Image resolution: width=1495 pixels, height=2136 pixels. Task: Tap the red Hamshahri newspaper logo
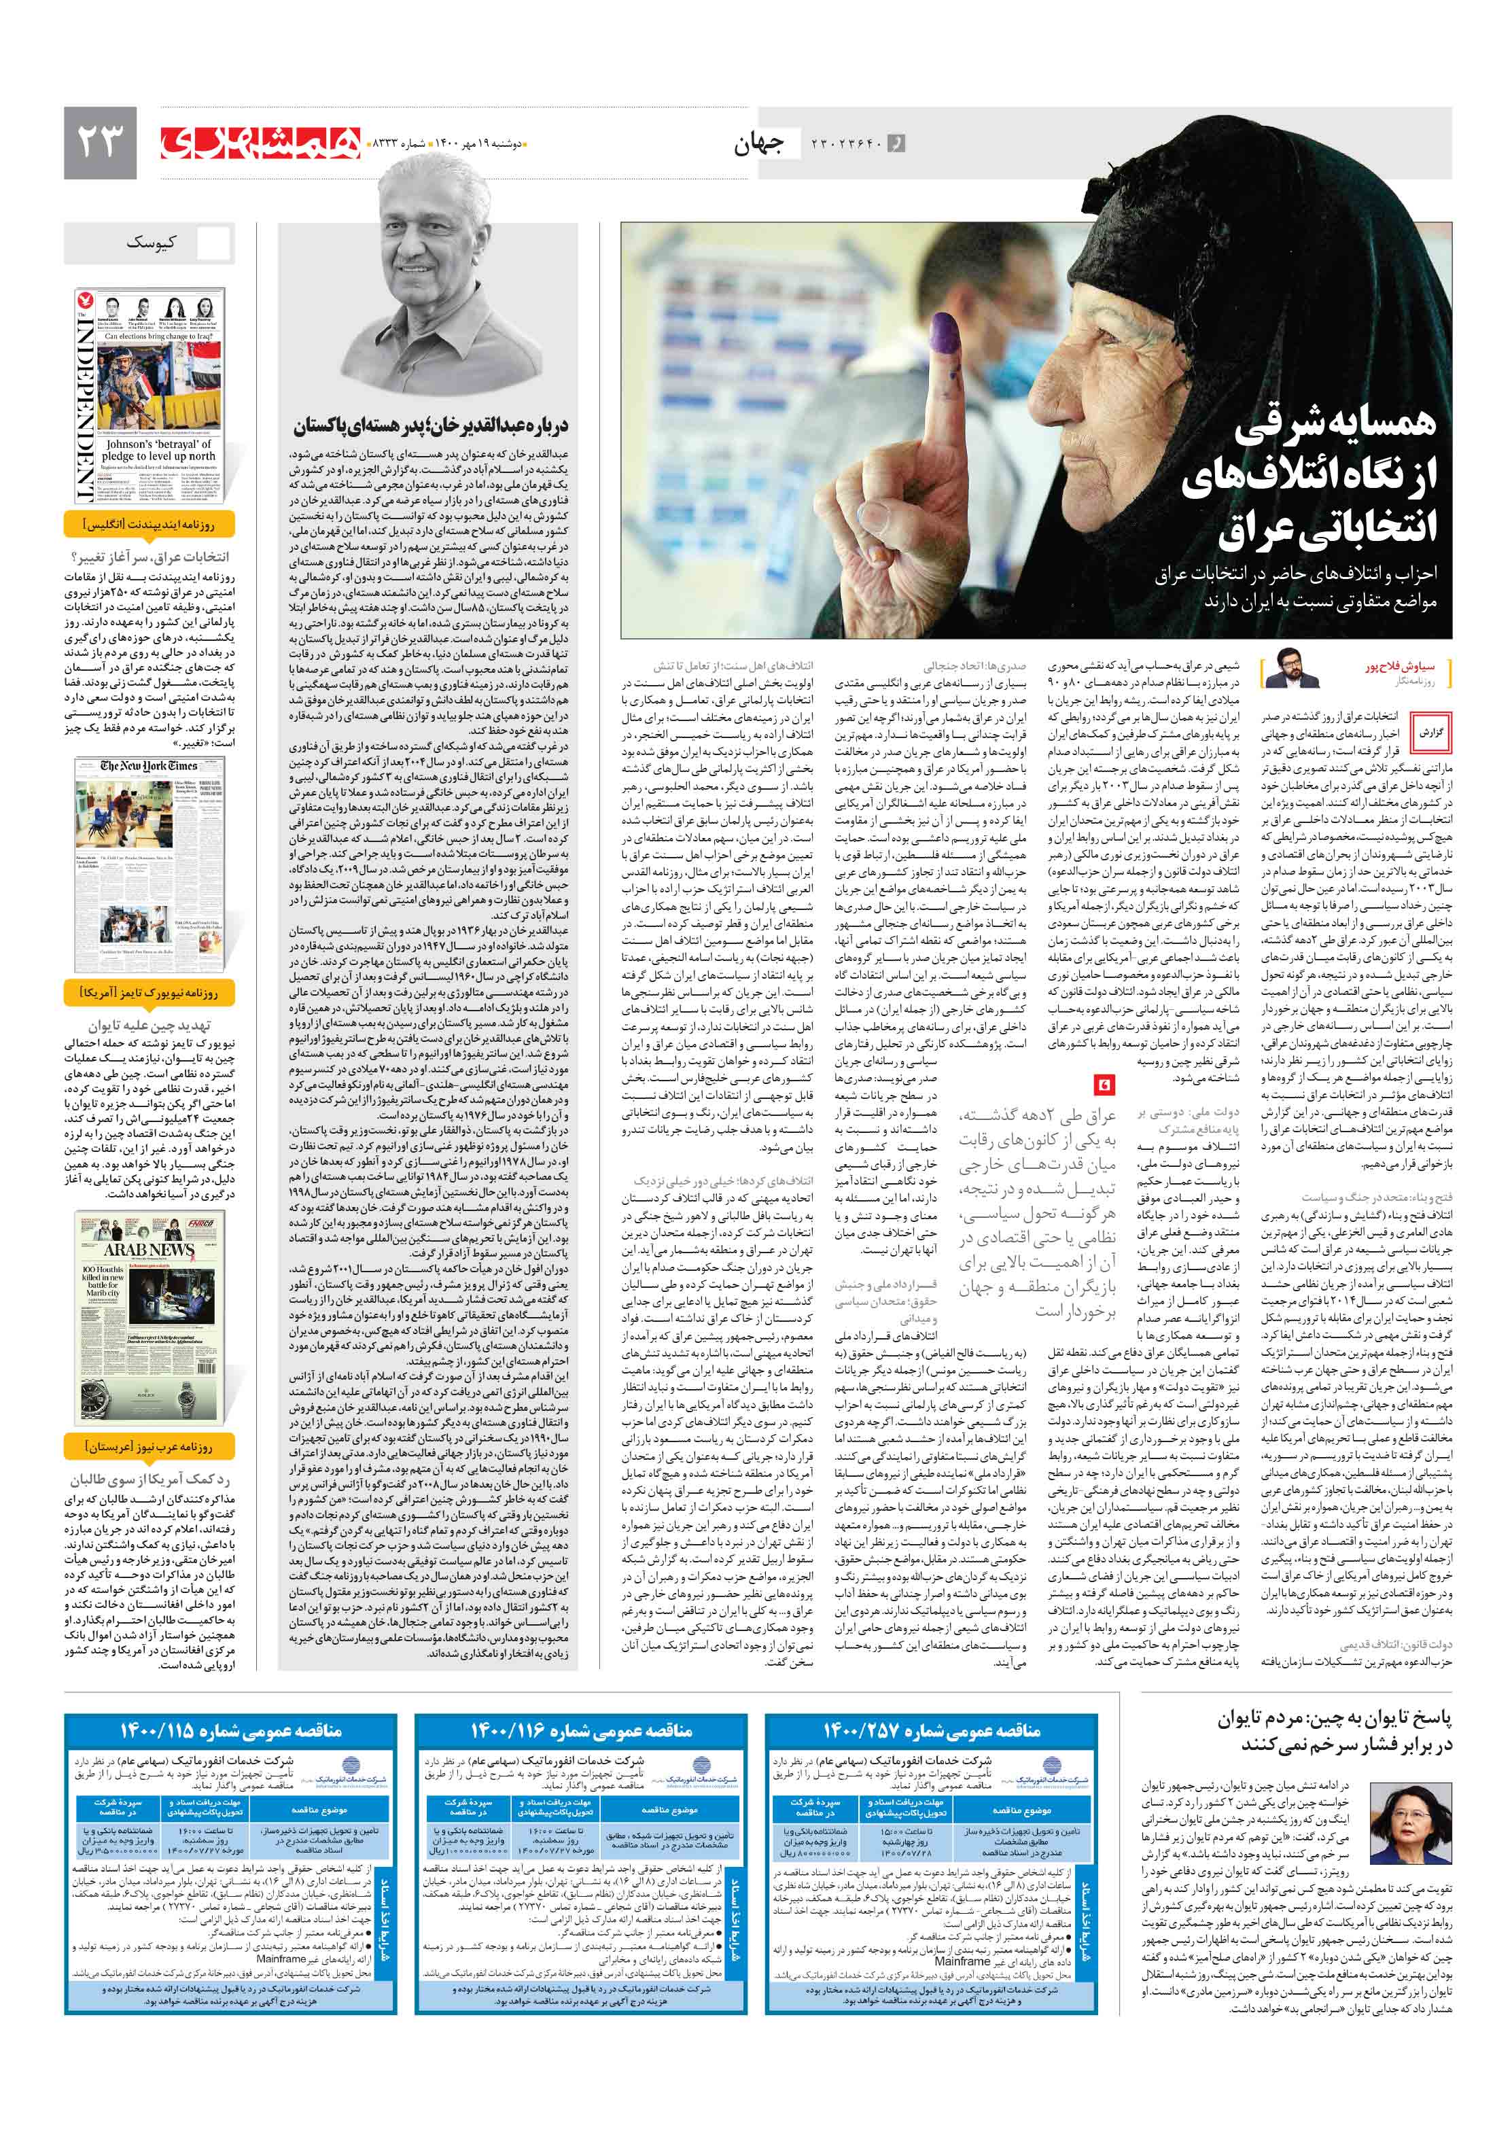click(x=260, y=142)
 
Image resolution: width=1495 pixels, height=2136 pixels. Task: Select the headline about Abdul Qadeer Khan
click(x=431, y=426)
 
